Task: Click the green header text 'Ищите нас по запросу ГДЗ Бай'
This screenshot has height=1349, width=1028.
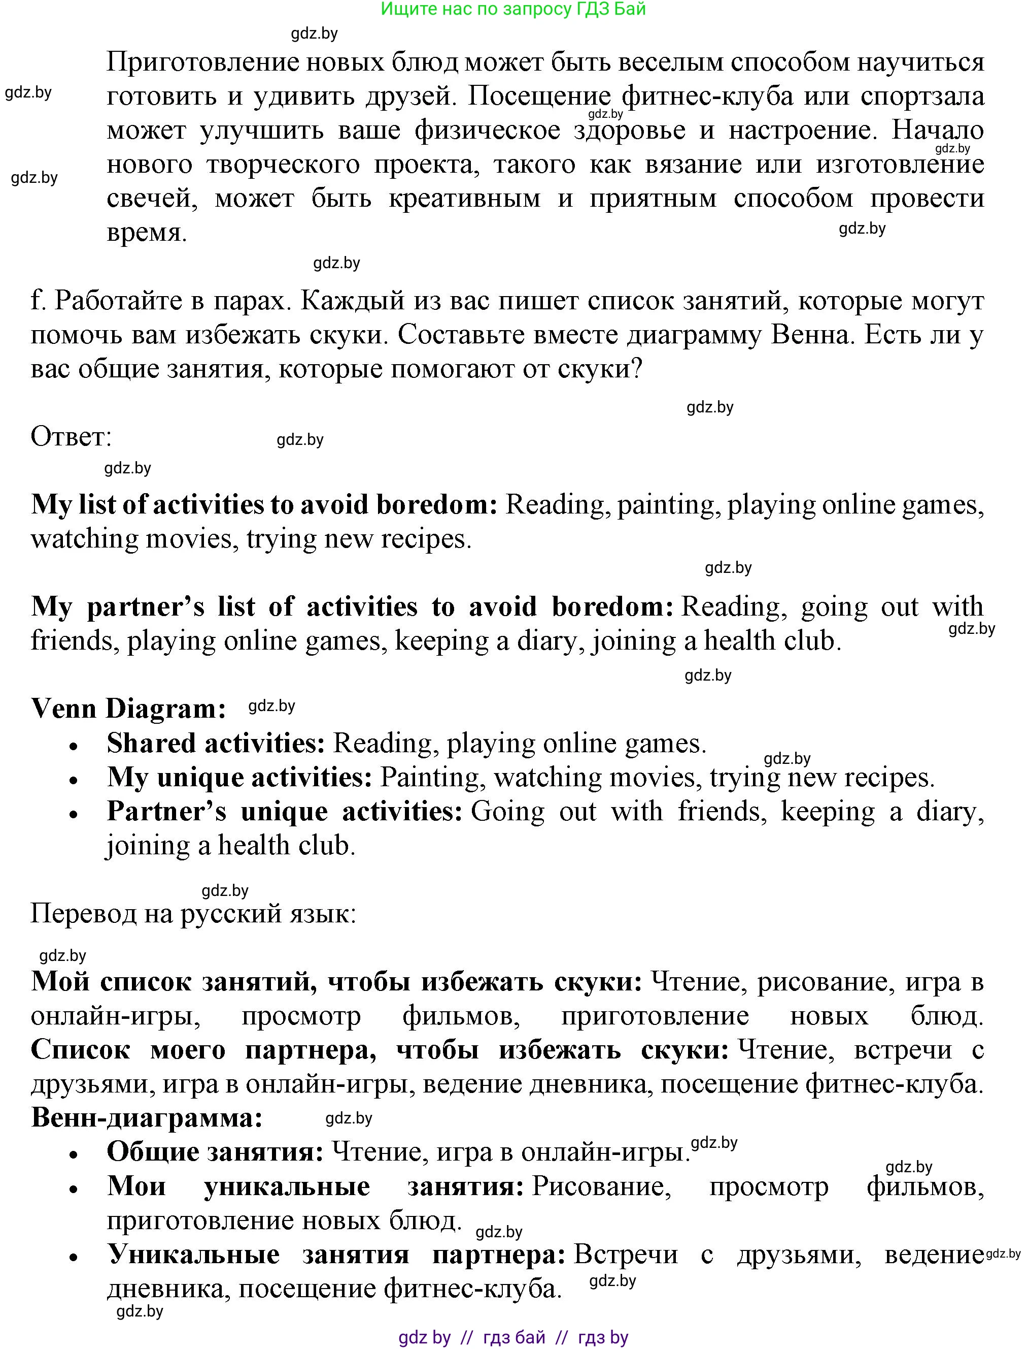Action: pyautogui.click(x=513, y=9)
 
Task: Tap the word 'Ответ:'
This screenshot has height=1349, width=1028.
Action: pyautogui.click(x=71, y=437)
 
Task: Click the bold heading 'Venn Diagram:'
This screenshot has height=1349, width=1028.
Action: pyautogui.click(x=128, y=709)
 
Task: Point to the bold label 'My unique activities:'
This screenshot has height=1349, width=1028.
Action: pyautogui.click(x=239, y=777)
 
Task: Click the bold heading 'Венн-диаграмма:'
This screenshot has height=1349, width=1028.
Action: pyautogui.click(x=147, y=1117)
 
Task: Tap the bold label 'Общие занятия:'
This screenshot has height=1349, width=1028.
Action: pyautogui.click(x=215, y=1152)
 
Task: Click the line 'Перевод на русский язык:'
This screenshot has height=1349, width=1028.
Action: pyautogui.click(x=193, y=914)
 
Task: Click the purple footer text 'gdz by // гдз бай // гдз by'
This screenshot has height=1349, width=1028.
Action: pyautogui.click(x=513, y=1337)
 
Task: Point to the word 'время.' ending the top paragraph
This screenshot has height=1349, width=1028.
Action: pyautogui.click(x=147, y=233)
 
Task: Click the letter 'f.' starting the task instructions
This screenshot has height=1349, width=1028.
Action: pyautogui.click(x=39, y=301)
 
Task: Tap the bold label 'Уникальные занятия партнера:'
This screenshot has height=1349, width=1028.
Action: pyautogui.click(x=336, y=1255)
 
